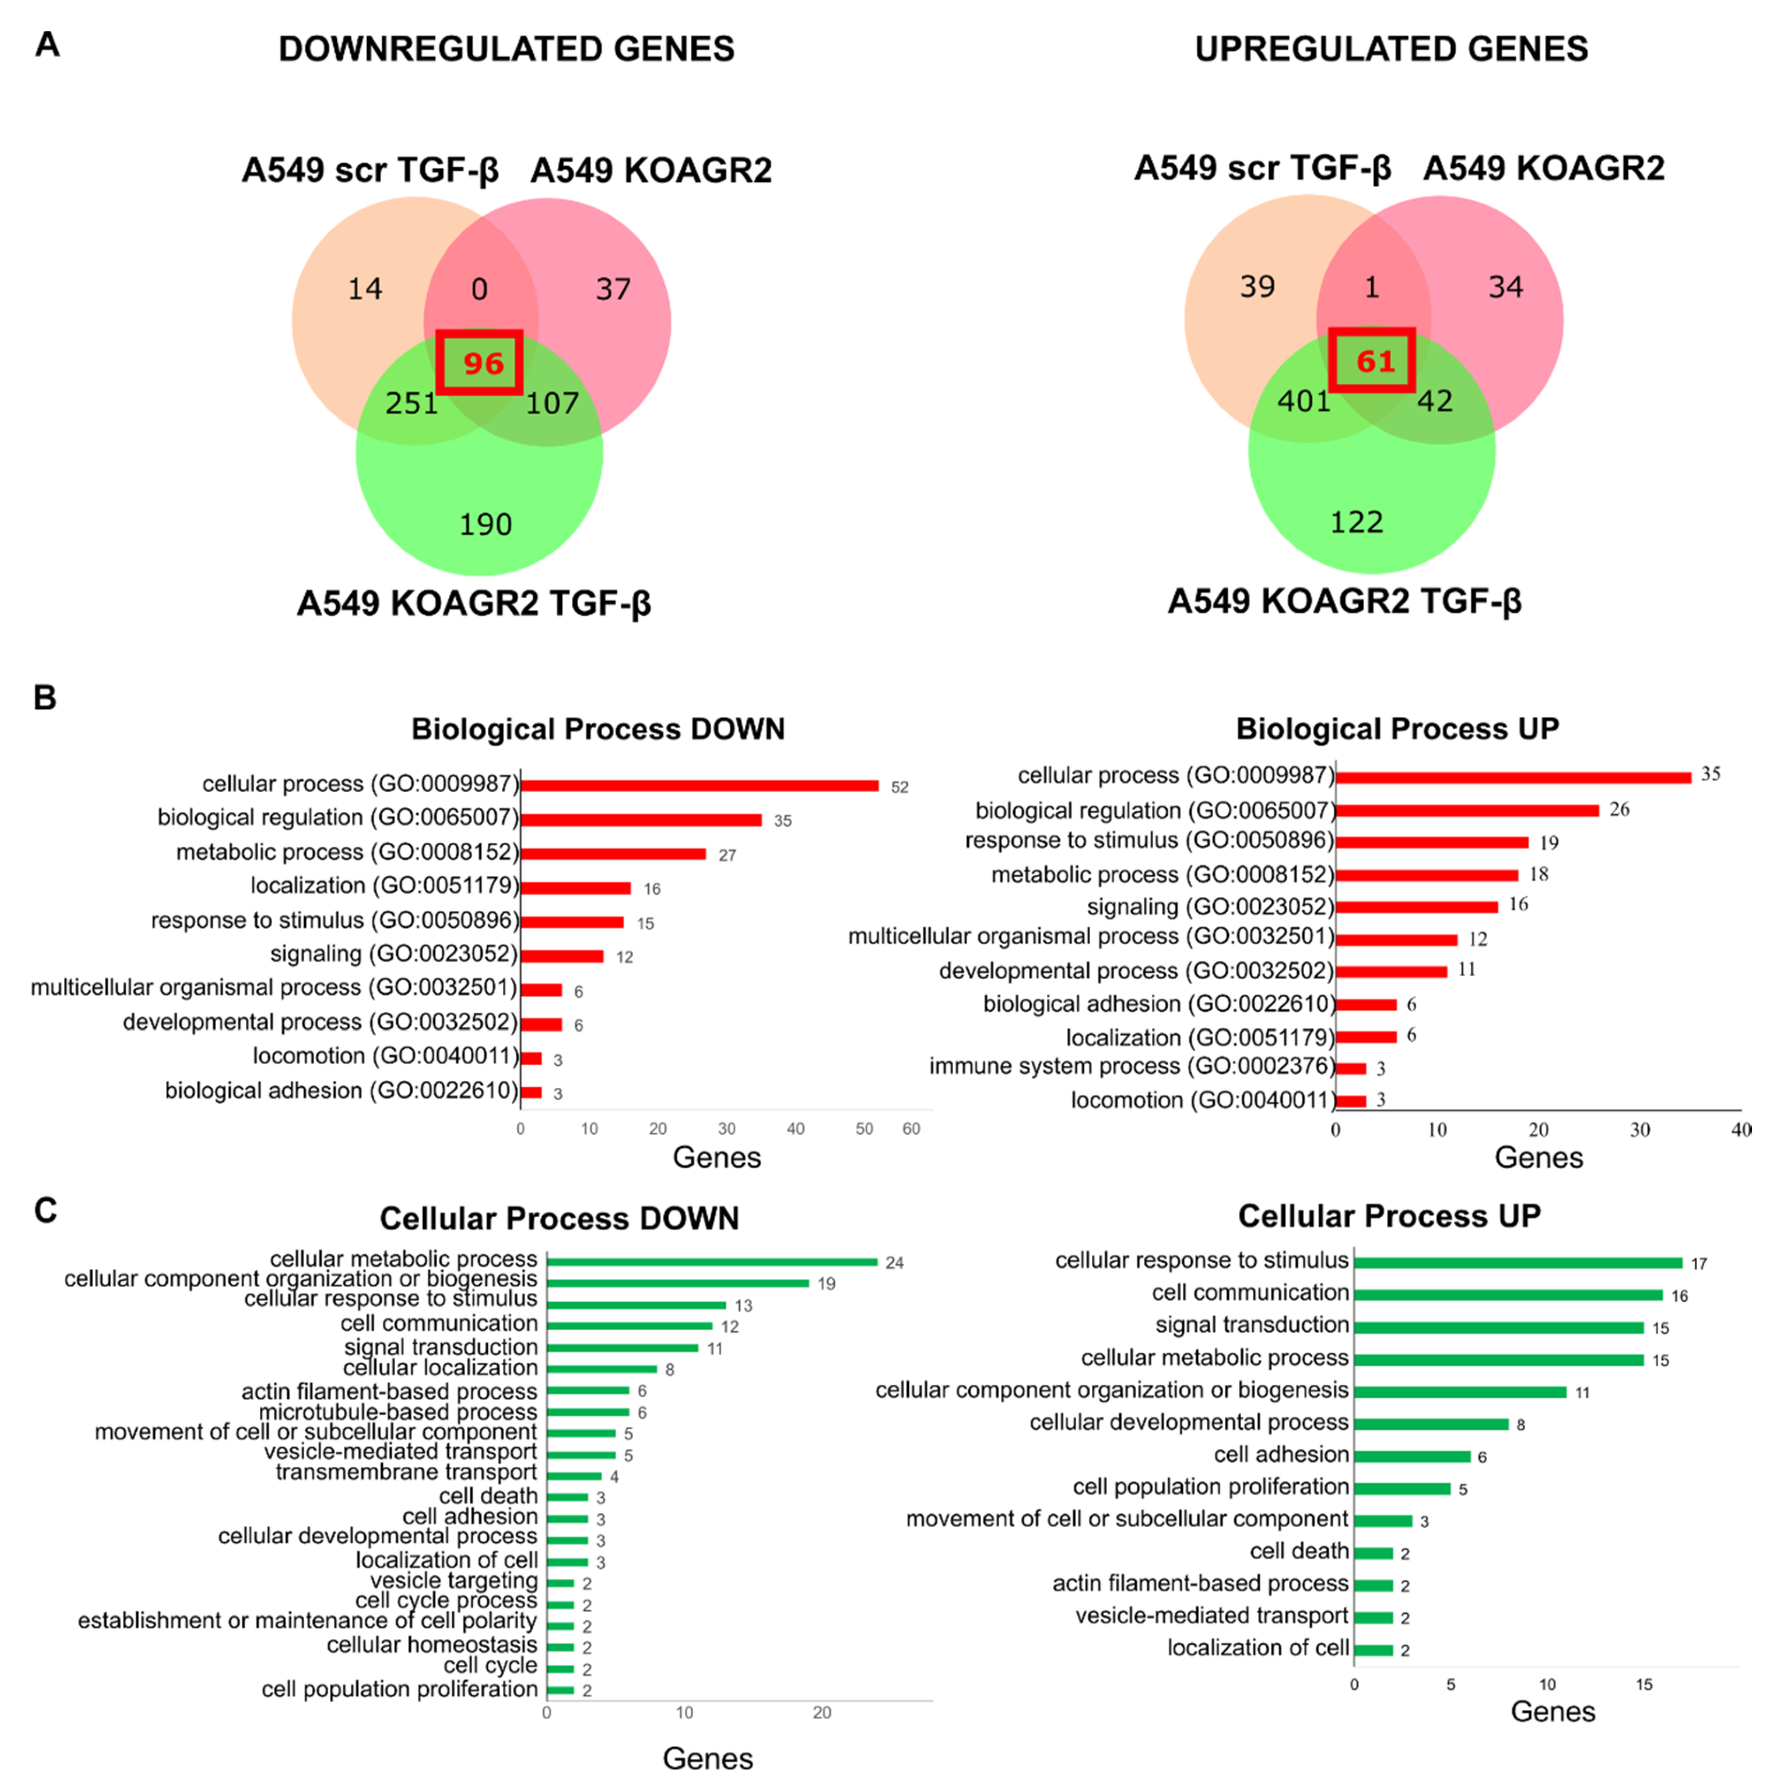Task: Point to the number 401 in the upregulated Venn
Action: click(x=1303, y=401)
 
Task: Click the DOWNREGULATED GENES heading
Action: click(x=506, y=49)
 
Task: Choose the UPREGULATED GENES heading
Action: click(x=1390, y=49)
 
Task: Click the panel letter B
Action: click(x=45, y=697)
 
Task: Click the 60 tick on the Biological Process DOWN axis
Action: click(x=911, y=1129)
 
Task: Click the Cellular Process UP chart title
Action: click(x=1389, y=1216)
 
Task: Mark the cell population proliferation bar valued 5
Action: click(x=1402, y=1488)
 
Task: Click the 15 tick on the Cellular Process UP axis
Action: click(x=1644, y=1684)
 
